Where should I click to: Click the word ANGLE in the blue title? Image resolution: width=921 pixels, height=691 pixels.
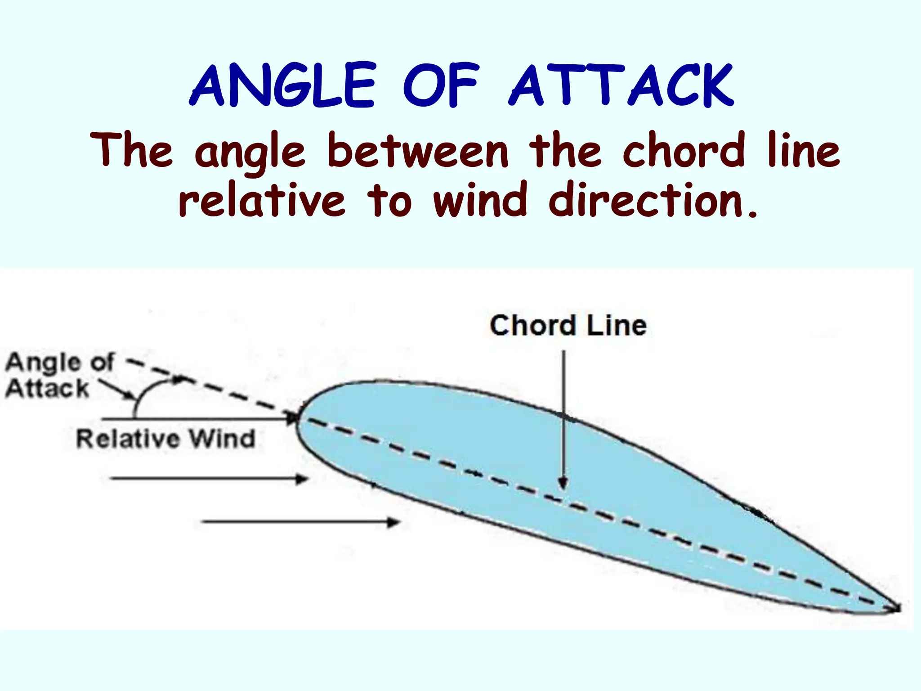tap(282, 85)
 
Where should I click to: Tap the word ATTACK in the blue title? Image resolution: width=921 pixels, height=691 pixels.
tap(621, 85)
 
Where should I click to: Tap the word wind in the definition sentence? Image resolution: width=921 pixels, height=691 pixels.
tap(479, 200)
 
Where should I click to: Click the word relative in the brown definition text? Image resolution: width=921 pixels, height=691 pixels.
tap(262, 200)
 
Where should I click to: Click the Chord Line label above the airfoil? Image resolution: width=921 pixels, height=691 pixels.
tap(568, 325)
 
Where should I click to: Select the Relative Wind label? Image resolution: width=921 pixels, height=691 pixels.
tap(165, 439)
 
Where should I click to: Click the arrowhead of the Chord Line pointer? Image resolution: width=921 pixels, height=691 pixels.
tap(563, 485)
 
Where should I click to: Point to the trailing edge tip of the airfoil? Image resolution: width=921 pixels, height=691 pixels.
tap(897, 608)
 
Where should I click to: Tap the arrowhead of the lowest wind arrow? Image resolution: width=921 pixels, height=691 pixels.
tap(394, 522)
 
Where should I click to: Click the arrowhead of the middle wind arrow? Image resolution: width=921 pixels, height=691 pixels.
tap(302, 479)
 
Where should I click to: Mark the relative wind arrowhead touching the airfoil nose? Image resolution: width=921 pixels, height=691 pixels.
tap(292, 418)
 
